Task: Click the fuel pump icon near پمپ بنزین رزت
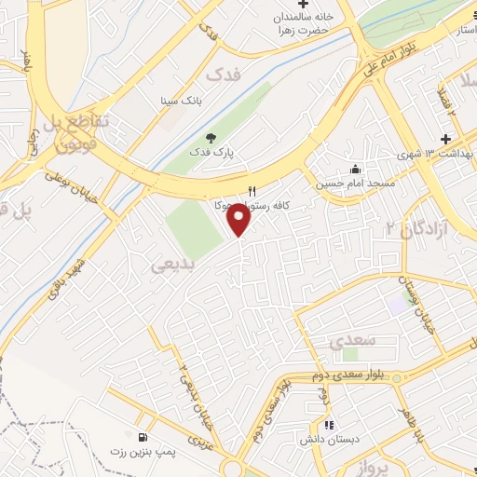142,438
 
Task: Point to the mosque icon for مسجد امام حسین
355,169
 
